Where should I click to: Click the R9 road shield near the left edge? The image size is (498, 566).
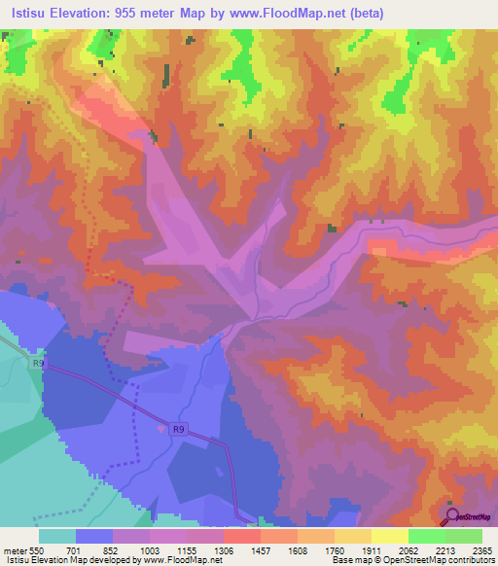click(x=38, y=364)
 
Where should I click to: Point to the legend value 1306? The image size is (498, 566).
click(x=224, y=549)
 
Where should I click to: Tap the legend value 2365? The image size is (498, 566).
click(x=482, y=549)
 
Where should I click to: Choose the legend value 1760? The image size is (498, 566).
click(x=335, y=549)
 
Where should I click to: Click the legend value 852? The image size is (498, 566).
click(x=113, y=549)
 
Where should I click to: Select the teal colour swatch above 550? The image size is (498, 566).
click(x=57, y=536)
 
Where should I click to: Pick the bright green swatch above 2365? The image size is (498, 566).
click(x=464, y=536)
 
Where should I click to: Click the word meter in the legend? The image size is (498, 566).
click(x=15, y=549)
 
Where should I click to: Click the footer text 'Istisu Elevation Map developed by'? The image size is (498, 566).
click(x=64, y=560)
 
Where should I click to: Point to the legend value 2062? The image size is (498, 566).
click(x=409, y=549)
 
